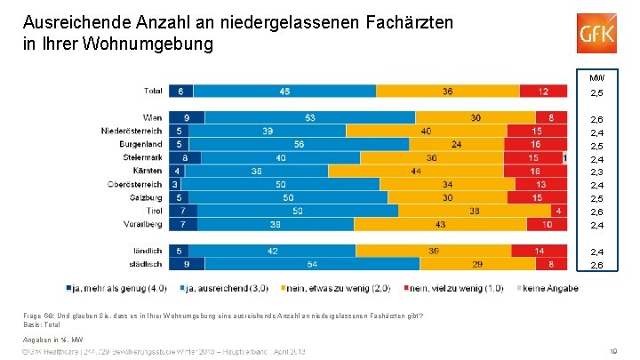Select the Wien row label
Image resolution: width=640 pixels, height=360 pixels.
tap(152, 117)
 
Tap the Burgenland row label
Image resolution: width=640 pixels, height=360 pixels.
tap(141, 144)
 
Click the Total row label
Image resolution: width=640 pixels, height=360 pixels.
tap(152, 91)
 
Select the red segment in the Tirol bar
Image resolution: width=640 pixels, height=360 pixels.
tap(556, 211)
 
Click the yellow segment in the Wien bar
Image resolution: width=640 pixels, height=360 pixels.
tap(477, 117)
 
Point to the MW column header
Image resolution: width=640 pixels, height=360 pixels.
tap(597, 76)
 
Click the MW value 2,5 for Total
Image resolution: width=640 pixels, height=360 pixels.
tap(597, 94)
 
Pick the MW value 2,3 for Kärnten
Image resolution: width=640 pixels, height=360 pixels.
tap(597, 172)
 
